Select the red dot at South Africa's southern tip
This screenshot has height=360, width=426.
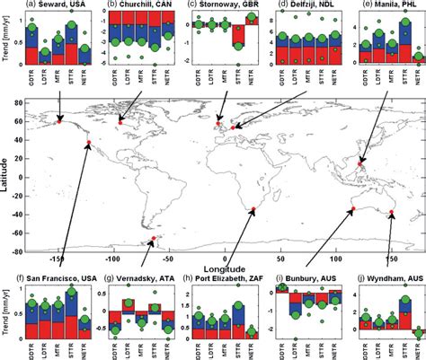[x=253, y=209]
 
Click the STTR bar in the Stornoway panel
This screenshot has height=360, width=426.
[x=237, y=36]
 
